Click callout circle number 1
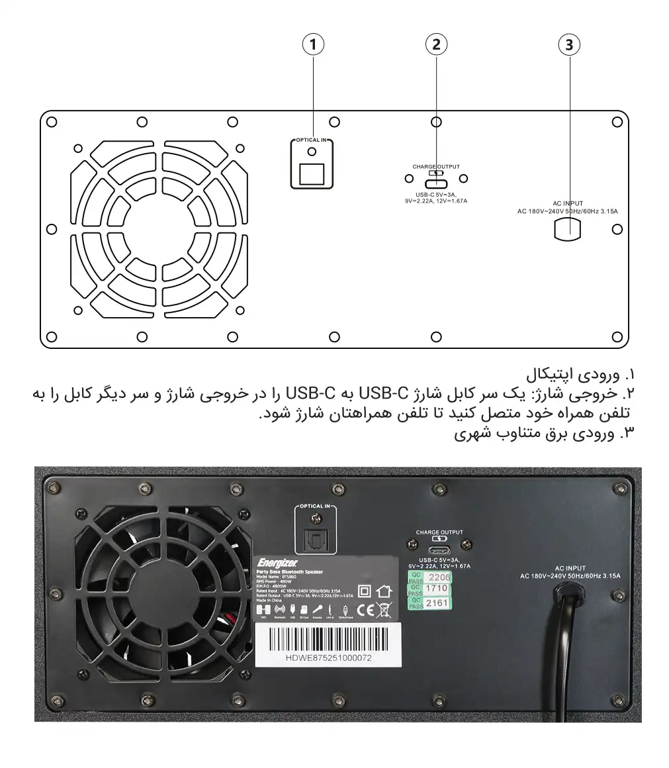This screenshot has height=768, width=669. point(313,44)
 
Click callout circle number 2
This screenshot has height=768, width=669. point(435,44)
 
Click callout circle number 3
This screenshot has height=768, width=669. point(568,44)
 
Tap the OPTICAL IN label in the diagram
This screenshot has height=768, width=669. point(312,141)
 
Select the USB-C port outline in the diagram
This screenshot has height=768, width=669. point(436,183)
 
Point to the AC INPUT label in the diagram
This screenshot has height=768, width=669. point(568,204)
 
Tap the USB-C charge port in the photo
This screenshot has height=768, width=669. point(439,552)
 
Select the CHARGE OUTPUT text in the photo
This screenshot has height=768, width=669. point(439,532)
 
